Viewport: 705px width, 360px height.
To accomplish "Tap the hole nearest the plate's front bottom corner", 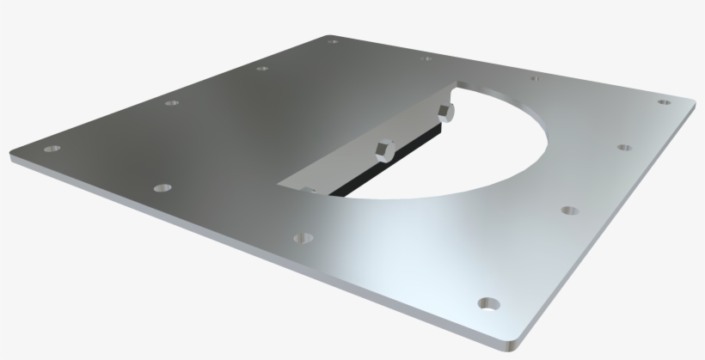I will tap(490, 303).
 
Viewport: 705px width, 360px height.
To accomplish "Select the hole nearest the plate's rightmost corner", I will tap(664, 102).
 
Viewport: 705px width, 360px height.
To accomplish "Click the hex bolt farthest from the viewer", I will tap(444, 111).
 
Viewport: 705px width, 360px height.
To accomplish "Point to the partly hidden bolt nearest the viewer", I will tap(310, 188).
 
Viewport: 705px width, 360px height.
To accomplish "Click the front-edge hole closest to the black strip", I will tap(302, 236).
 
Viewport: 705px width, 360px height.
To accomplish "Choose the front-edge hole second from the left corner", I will tap(161, 186).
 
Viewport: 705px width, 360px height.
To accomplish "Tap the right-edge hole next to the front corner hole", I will tap(568, 209).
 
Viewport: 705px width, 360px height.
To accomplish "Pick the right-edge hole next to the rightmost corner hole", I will tap(623, 148).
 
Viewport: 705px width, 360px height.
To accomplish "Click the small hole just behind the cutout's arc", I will tap(535, 78).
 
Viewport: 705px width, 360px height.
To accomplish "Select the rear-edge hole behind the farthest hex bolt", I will tap(426, 59).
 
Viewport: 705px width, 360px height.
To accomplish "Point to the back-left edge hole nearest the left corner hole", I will tap(171, 103).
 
